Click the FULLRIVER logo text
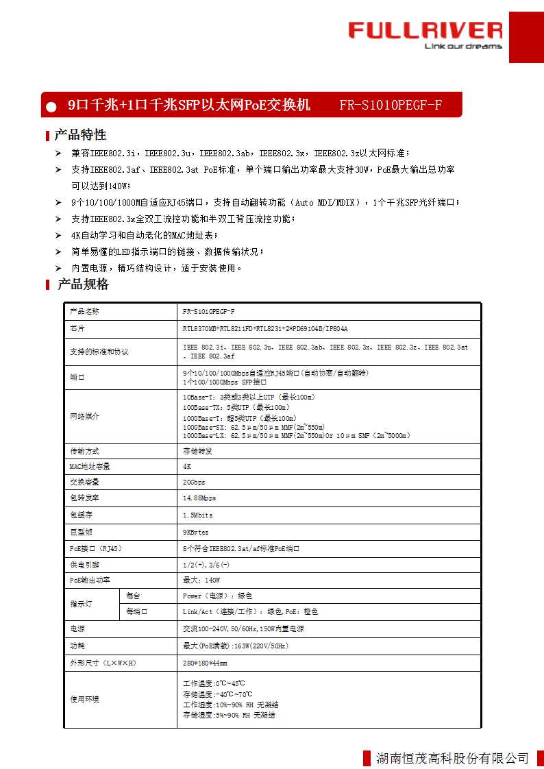tap(425, 30)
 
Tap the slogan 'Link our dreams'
tap(463, 47)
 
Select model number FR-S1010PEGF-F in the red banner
tap(391, 105)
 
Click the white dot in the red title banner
tap(51, 106)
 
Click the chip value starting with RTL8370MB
tap(265, 328)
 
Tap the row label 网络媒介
tap(84, 416)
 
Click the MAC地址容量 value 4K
tap(187, 466)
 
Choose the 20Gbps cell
tap(194, 482)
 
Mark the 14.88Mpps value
tap(199, 498)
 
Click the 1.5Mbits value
tap(197, 515)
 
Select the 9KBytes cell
tap(195, 532)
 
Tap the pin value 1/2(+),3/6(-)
tap(206, 564)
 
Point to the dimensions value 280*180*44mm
tap(205, 663)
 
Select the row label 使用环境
tap(84, 699)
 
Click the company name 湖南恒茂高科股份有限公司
tap(453, 757)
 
